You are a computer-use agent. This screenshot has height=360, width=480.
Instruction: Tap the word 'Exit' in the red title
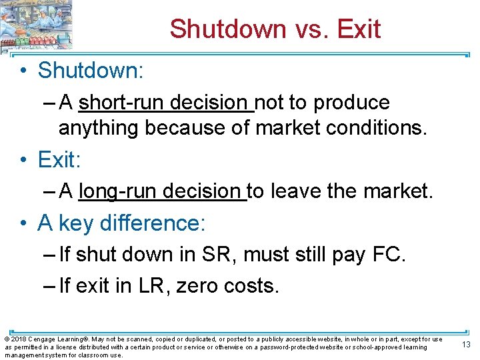click(x=359, y=29)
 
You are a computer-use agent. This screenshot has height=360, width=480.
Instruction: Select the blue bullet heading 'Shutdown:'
click(x=91, y=70)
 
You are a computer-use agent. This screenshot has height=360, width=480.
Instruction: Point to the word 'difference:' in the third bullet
click(x=153, y=223)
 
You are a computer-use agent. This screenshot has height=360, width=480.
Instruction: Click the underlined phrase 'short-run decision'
click(x=164, y=103)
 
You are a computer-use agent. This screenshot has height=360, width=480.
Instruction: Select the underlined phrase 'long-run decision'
click(x=162, y=192)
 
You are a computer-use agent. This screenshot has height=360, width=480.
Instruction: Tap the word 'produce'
click(x=351, y=103)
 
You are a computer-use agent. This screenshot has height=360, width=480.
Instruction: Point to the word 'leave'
click(x=297, y=192)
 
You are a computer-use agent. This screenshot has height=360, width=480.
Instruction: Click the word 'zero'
click(x=199, y=286)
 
